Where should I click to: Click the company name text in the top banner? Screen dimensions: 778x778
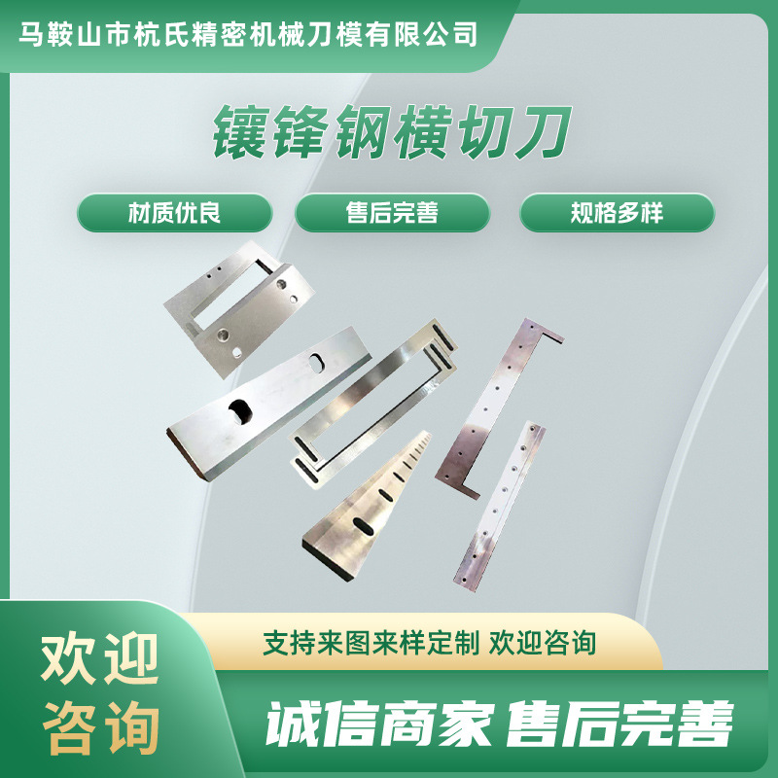[x=250, y=35]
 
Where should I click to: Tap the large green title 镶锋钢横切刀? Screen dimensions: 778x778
[x=390, y=134]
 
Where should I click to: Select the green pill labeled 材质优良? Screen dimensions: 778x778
[x=175, y=212]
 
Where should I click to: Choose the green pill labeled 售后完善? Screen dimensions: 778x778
[x=392, y=212]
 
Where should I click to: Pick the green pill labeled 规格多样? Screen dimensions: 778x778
[x=617, y=212]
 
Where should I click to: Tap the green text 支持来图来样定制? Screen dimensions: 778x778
[x=371, y=643]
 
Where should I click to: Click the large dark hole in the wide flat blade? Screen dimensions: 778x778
[x=236, y=414]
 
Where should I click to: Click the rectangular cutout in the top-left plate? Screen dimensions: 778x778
[x=230, y=297]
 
